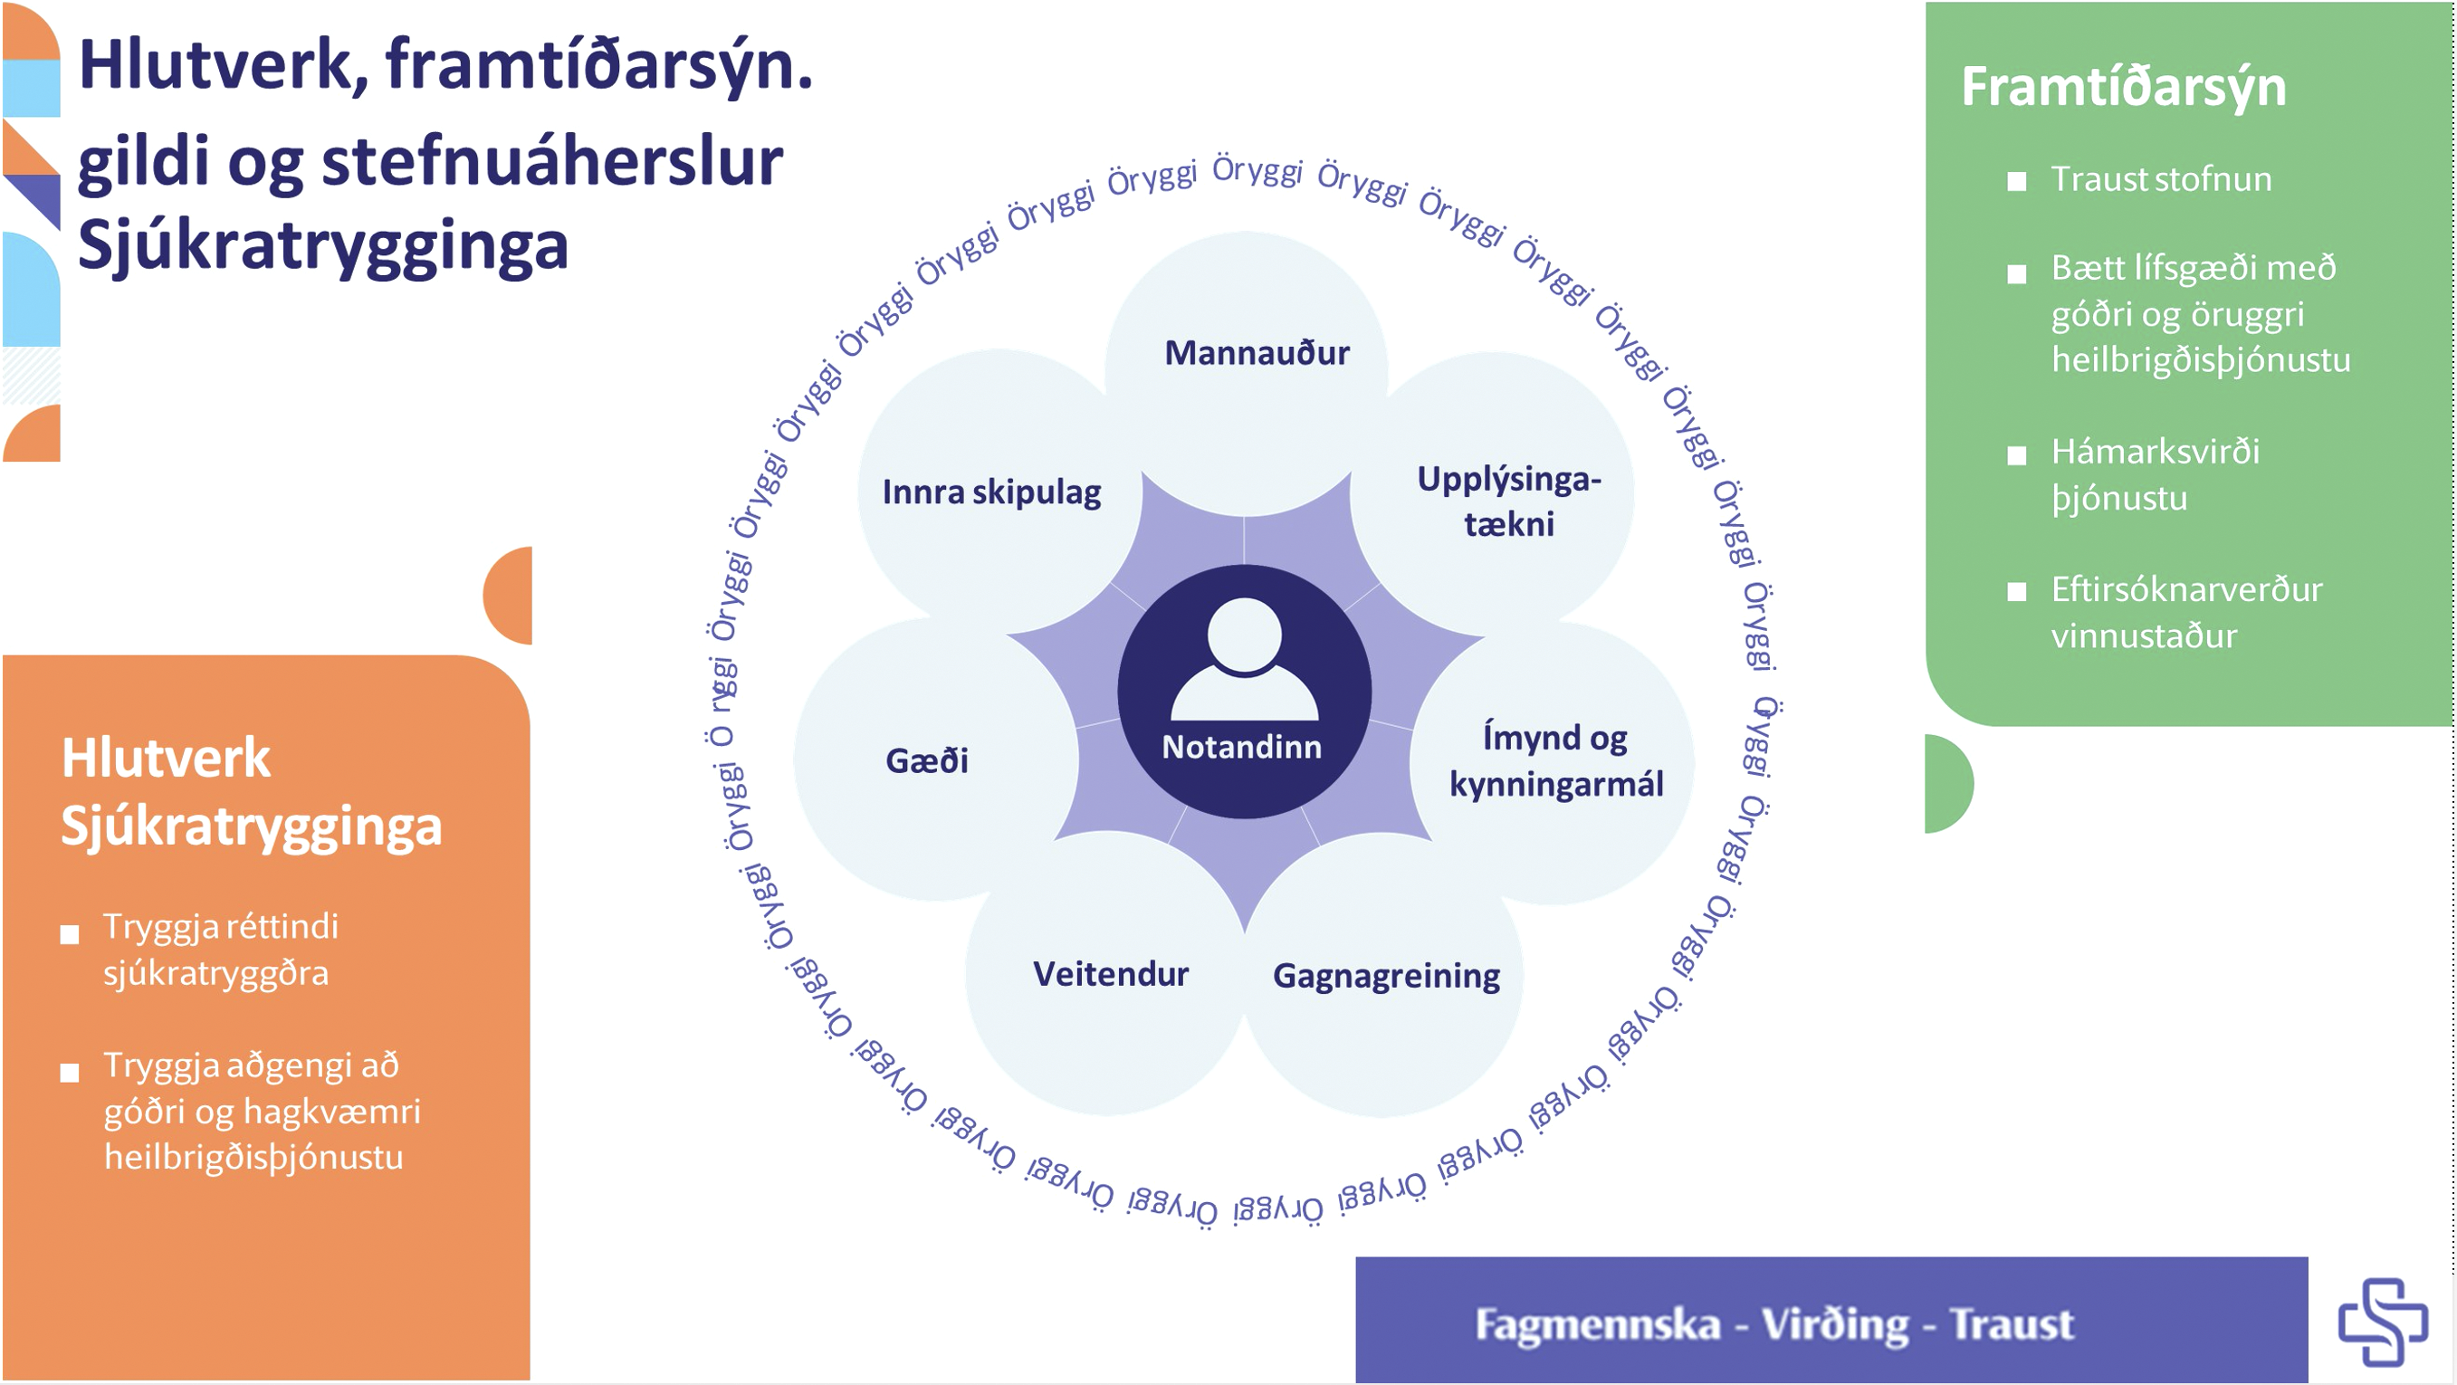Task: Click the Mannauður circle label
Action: click(x=1257, y=354)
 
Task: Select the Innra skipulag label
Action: click(x=991, y=492)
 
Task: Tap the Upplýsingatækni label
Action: click(x=1509, y=501)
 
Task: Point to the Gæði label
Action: click(x=927, y=761)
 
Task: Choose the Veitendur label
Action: click(x=1110, y=974)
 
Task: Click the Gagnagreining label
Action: click(x=1386, y=976)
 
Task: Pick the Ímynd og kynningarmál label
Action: click(x=1555, y=761)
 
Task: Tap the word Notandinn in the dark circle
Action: click(x=1242, y=747)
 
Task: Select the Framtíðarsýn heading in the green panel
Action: click(x=2123, y=88)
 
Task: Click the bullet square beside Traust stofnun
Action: click(x=2016, y=181)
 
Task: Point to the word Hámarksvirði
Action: click(x=2156, y=451)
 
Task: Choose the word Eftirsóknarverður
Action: click(x=2186, y=589)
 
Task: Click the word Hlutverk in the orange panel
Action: click(x=166, y=759)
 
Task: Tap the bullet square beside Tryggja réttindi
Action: click(x=70, y=935)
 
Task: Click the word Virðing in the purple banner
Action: click(x=1834, y=1324)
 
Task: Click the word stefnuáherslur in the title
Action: click(x=552, y=162)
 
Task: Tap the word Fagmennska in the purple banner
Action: click(x=1598, y=1324)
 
